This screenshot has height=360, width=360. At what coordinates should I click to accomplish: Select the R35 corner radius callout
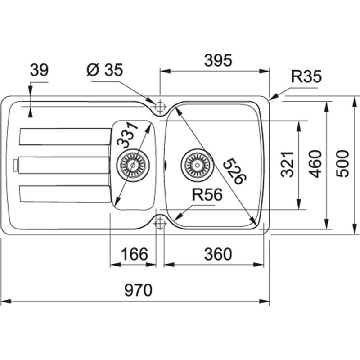pyautogui.click(x=306, y=77)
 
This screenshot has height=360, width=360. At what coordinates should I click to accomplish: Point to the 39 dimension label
pyautogui.click(x=39, y=70)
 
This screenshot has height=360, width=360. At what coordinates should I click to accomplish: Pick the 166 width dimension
pyautogui.click(x=134, y=254)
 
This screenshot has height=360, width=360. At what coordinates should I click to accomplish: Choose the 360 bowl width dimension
pyautogui.click(x=218, y=254)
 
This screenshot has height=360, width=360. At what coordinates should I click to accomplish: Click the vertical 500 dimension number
pyautogui.click(x=343, y=164)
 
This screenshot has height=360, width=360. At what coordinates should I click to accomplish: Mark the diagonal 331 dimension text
pyautogui.click(x=126, y=135)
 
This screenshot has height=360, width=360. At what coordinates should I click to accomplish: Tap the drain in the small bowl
pyautogui.click(x=132, y=165)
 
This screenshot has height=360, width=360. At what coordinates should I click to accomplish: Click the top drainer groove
pyautogui.click(x=65, y=137)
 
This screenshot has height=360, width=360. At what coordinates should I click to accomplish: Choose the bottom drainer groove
pyautogui.click(x=65, y=194)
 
